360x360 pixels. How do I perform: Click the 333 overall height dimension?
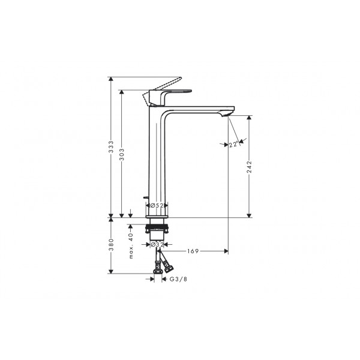click(x=111, y=147)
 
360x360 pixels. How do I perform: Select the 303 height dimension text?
click(x=122, y=154)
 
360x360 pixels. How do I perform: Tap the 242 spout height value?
click(x=250, y=167)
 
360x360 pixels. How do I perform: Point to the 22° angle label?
click(x=233, y=145)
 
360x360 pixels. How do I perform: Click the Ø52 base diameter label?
click(x=157, y=205)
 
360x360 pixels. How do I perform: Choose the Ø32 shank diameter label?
click(x=157, y=245)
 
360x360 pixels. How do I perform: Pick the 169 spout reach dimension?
click(x=193, y=251)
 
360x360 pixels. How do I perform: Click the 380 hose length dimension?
click(x=111, y=245)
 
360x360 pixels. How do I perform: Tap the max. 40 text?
click(x=131, y=246)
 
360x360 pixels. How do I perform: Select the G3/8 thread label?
click(x=178, y=279)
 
